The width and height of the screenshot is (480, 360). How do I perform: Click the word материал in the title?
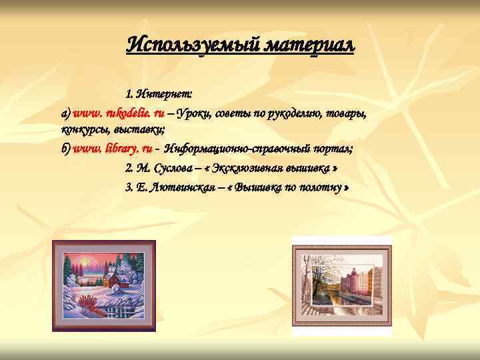point(310,45)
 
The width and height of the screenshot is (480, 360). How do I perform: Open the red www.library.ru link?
point(113,148)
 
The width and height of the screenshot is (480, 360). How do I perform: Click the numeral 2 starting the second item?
point(129,167)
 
